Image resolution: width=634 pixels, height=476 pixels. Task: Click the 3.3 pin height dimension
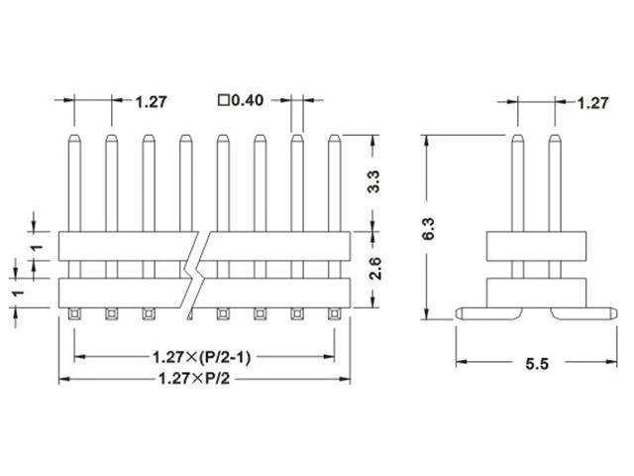click(374, 181)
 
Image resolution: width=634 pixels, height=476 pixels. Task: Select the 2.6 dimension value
click(374, 268)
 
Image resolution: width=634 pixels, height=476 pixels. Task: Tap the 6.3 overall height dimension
click(428, 229)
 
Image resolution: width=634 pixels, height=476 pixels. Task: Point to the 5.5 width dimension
click(537, 364)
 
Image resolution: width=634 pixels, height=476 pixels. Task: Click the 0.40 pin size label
click(247, 100)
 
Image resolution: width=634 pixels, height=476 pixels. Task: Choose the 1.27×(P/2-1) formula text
click(201, 357)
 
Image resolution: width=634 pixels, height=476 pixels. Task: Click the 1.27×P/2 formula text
click(194, 379)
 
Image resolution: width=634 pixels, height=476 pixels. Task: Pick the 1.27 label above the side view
click(592, 103)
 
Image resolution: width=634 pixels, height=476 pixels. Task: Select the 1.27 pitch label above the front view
click(151, 101)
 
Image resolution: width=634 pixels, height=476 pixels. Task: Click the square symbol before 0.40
click(224, 100)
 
